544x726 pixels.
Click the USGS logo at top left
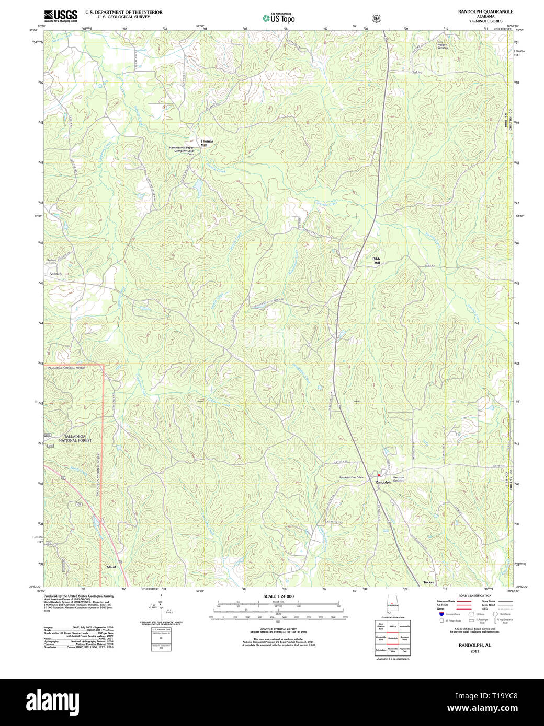(x=61, y=15)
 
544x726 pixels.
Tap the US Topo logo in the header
(x=279, y=18)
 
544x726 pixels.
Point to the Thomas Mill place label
(x=207, y=143)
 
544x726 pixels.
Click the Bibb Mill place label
(x=376, y=261)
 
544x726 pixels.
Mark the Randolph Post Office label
(x=351, y=477)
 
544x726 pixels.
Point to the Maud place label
(x=111, y=567)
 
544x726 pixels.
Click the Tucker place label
(x=428, y=582)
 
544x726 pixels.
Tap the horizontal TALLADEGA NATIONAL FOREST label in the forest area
(x=75, y=438)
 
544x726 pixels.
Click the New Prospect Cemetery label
(x=444, y=45)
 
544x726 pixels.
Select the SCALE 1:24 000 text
(x=278, y=596)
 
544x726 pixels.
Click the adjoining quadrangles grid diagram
(x=392, y=638)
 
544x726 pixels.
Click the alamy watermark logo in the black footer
(x=50, y=700)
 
